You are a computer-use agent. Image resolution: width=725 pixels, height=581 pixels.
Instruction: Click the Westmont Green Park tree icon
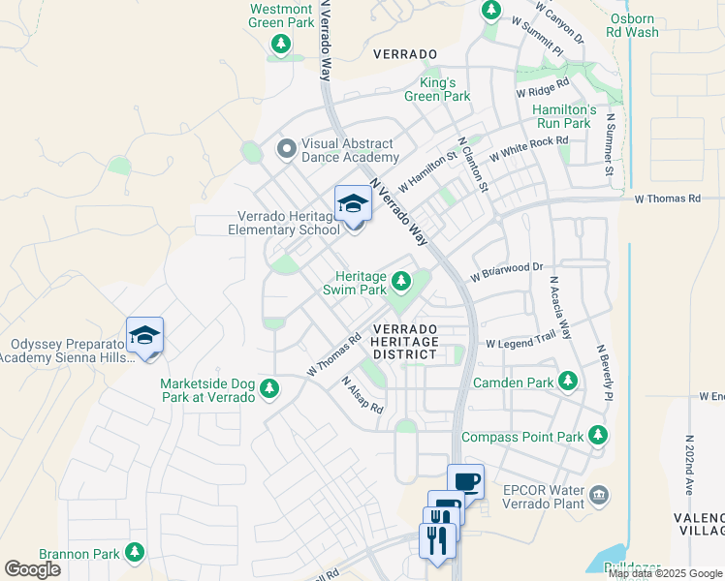[281, 44]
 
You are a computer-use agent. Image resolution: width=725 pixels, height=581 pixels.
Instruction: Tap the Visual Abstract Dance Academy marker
[286, 149]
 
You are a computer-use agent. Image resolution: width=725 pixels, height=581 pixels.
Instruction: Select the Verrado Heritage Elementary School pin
[353, 204]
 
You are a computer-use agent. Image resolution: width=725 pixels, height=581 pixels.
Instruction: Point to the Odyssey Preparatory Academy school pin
[144, 337]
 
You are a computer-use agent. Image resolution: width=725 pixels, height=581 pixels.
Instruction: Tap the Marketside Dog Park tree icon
[269, 390]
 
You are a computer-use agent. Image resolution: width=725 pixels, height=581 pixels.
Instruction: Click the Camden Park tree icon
[568, 382]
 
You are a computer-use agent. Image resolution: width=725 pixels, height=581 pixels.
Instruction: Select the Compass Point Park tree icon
[600, 437]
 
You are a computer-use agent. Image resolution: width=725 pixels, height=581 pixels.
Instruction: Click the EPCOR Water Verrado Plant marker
[600, 496]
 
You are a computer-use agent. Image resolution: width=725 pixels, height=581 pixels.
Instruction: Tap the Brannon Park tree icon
[135, 553]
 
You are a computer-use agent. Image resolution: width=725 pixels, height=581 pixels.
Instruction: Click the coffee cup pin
[465, 481]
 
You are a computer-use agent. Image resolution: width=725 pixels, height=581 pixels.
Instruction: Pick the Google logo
[32, 569]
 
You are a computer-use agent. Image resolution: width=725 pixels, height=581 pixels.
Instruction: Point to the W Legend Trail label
[520, 343]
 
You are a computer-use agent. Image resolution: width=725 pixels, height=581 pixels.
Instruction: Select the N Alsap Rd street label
[363, 394]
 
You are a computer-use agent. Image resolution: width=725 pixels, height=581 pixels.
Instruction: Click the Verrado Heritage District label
[405, 342]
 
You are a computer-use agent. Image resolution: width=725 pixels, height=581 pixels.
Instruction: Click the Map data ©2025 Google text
[665, 573]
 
